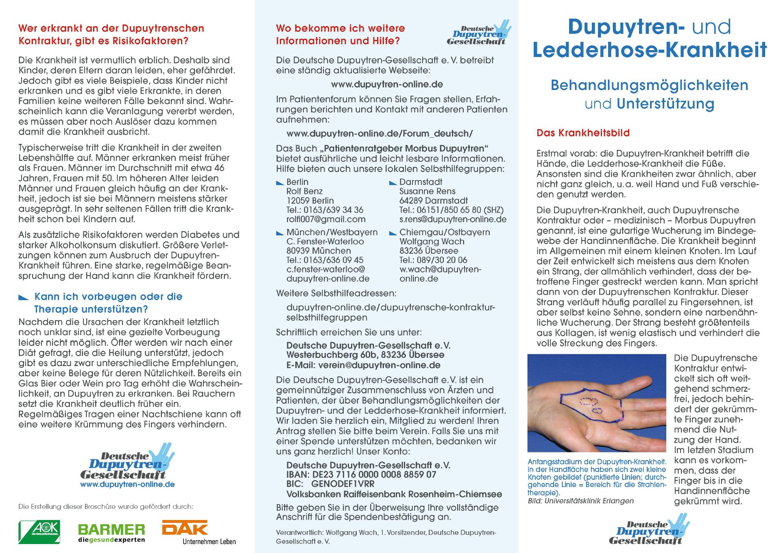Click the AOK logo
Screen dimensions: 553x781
39,532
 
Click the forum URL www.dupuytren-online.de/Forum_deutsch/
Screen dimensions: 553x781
380,134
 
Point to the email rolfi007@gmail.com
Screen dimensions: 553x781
326,219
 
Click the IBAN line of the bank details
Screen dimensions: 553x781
361,474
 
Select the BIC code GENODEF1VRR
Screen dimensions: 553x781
343,484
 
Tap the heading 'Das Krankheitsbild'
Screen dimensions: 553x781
583,133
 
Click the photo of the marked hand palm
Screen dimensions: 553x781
597,403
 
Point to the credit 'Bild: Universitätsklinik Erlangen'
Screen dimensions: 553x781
580,501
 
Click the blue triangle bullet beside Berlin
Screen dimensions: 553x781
280,183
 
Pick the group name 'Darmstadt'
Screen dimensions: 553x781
421,182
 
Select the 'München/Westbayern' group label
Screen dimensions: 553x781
332,232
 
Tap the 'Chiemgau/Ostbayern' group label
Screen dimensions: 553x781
445,232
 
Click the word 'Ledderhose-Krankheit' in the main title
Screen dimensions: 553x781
649,50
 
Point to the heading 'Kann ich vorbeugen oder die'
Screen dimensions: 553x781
108,296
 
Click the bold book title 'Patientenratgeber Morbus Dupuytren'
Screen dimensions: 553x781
404,148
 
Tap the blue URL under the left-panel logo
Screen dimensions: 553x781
127,485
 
